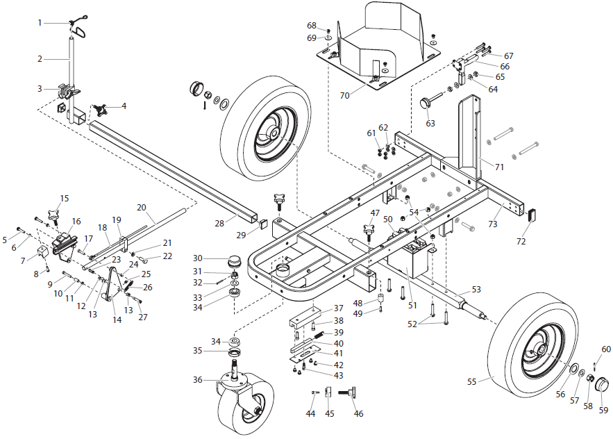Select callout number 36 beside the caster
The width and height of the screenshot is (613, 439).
198,380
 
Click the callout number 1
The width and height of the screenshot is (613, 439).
40,23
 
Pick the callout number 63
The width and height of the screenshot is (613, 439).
430,124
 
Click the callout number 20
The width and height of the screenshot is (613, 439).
142,208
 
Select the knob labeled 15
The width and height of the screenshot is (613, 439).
55,210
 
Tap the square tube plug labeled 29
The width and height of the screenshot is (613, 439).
263,224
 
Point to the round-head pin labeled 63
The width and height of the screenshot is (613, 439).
424,103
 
